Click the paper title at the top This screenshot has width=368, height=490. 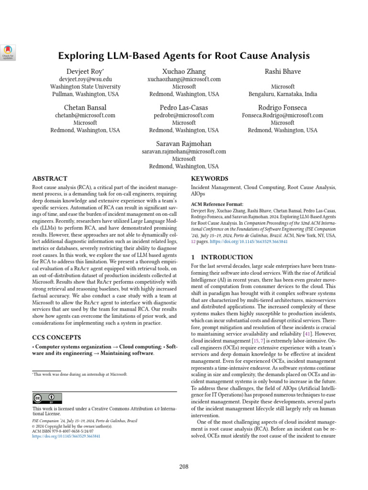[x=184, y=56]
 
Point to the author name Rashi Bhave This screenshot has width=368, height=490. [x=283, y=72]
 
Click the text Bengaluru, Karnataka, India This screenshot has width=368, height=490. [x=283, y=94]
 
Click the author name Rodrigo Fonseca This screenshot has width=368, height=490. [x=283, y=108]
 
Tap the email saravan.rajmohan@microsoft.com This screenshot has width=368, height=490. [x=184, y=152]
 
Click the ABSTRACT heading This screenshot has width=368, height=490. [x=49, y=178]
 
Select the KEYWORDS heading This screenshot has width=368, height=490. [x=209, y=178]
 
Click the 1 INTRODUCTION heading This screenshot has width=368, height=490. [x=222, y=257]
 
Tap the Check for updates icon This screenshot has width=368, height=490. [x=9, y=52]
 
